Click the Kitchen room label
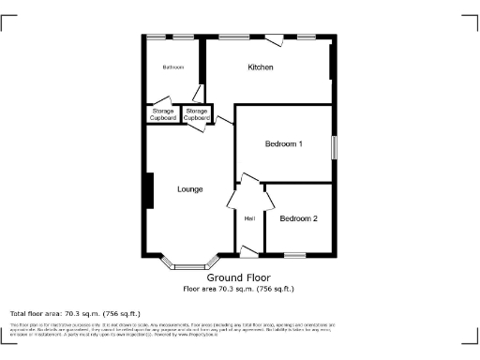[260, 67]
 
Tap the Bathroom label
[172, 67]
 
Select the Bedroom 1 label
[283, 143]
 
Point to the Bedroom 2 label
[298, 218]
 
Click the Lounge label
[190, 189]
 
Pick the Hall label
[249, 218]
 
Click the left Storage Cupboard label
[163, 114]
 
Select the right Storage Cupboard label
[196, 114]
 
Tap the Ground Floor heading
[238, 278]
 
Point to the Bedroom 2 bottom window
[295, 254]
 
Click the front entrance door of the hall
[249, 250]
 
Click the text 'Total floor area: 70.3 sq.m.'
[75, 313]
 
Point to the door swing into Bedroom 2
[269, 200]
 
